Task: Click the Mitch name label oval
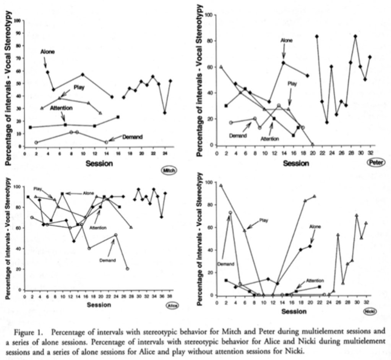click(x=169, y=171)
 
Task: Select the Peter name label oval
click(x=376, y=162)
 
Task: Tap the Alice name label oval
click(x=170, y=305)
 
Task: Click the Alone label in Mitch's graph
click(x=47, y=52)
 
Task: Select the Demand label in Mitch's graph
click(x=132, y=136)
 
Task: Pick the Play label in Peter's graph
click(x=292, y=84)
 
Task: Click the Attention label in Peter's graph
click(x=270, y=139)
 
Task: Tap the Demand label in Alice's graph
click(x=107, y=260)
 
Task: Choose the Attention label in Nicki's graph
click(x=315, y=280)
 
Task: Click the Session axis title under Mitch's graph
click(x=99, y=164)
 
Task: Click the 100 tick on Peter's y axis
click(x=209, y=15)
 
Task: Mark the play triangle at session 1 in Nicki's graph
click(x=221, y=186)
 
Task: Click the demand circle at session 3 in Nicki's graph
click(x=230, y=213)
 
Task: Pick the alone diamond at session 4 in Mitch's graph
click(x=47, y=72)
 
